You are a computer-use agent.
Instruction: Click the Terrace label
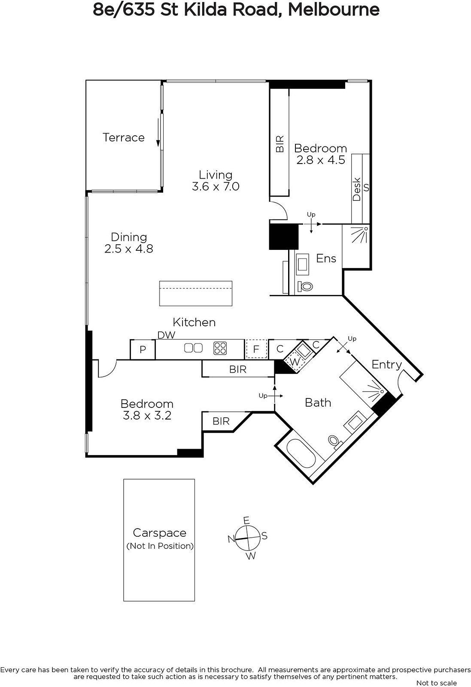tap(123, 137)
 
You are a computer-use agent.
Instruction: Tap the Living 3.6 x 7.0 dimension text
tap(216, 186)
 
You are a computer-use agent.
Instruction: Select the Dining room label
tap(129, 237)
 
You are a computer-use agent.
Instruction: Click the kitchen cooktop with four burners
tap(220, 348)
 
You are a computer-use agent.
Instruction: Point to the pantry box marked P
tap(143, 350)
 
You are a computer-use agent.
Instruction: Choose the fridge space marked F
tap(256, 349)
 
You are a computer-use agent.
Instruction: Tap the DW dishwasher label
tap(166, 335)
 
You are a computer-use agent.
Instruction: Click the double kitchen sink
tap(193, 348)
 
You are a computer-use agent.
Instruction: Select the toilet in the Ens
tap(305, 287)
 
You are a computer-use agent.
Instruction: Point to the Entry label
tap(386, 365)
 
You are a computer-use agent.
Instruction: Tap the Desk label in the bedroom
tap(357, 189)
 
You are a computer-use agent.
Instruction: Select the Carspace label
tap(159, 533)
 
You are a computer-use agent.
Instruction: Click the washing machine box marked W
tap(295, 362)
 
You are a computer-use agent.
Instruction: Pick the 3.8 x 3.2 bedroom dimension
tap(147, 415)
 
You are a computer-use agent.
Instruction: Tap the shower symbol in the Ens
tap(359, 235)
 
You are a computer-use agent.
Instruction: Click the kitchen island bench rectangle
tap(196, 293)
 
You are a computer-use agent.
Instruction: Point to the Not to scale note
tap(436, 683)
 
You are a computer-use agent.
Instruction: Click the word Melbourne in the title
tap(334, 9)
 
